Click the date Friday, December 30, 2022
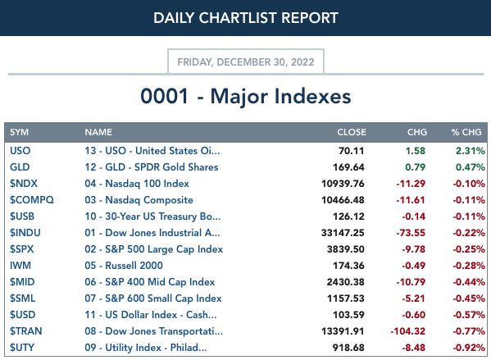(246, 62)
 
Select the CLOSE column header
(352, 132)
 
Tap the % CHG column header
(466, 132)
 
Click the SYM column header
(19, 132)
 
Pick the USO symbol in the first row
(20, 151)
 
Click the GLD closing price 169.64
(348, 167)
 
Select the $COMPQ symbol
(32, 200)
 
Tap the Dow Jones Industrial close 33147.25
(343, 233)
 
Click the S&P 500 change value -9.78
(414, 249)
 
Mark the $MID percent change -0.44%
(469, 282)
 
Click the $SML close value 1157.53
(346, 298)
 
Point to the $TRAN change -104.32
(408, 331)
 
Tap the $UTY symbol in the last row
(22, 348)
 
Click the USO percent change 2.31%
(471, 151)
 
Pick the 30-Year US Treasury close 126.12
(348, 216)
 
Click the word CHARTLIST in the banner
(239, 18)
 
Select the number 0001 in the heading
(165, 96)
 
